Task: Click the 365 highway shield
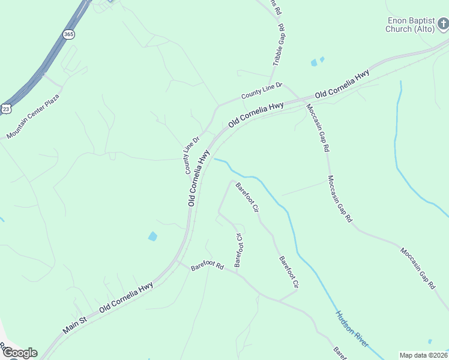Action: (69, 35)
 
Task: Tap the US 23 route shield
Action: (6, 108)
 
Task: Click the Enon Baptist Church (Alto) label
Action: (411, 25)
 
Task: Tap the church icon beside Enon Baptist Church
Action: (443, 25)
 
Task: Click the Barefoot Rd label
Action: (207, 266)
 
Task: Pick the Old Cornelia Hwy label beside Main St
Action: (126, 297)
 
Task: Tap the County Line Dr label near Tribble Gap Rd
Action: (262, 92)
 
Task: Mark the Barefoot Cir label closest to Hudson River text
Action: (288, 271)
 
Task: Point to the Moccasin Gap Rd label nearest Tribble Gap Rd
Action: (317, 127)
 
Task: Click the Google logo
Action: (19, 353)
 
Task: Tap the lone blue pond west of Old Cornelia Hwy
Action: (152, 236)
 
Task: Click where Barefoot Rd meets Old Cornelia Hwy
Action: (176, 262)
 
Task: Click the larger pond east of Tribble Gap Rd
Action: (314, 62)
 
